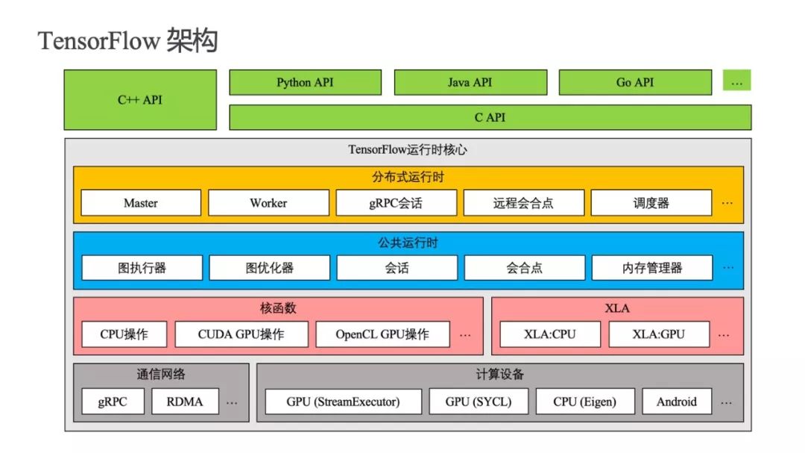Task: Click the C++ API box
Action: click(140, 100)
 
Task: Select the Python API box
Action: click(305, 82)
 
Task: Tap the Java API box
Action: click(470, 82)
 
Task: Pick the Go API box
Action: click(635, 82)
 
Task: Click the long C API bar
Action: click(490, 117)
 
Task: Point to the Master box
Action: click(141, 202)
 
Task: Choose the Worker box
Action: click(268, 202)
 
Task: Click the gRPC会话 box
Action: click(396, 202)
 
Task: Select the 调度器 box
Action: click(651, 202)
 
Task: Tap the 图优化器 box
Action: click(269, 267)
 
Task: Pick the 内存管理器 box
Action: click(652, 267)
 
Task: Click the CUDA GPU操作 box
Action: click(241, 334)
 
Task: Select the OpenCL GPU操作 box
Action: click(382, 334)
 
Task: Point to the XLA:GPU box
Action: click(659, 334)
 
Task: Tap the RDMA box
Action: click(185, 401)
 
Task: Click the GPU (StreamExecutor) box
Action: click(343, 401)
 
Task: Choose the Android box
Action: click(677, 401)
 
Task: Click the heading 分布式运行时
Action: click(408, 178)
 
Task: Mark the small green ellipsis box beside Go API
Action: click(736, 80)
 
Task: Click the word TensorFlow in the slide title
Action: click(98, 40)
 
